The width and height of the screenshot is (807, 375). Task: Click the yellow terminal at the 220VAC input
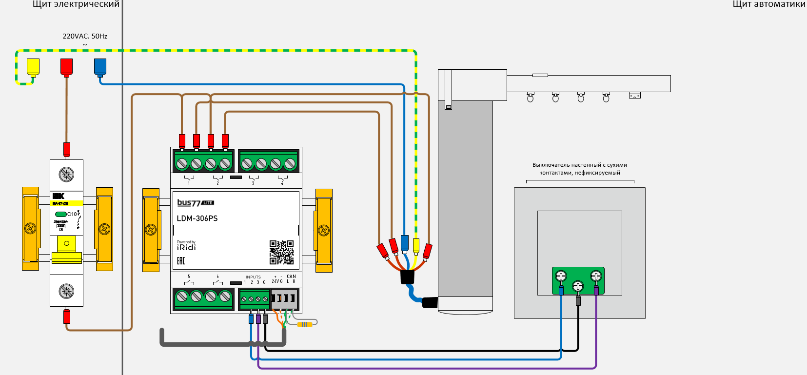click(33, 67)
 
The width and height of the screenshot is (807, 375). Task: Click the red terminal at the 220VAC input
click(66, 67)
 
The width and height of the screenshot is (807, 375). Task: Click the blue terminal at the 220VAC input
click(100, 67)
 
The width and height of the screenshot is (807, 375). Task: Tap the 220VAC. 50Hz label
click(85, 36)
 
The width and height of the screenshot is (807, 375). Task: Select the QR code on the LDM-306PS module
click(281, 252)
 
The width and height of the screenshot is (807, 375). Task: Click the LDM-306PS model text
click(197, 218)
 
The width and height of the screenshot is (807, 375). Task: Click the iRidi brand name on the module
click(186, 247)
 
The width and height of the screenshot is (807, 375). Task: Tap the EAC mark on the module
click(181, 261)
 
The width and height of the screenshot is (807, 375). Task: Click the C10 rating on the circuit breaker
click(72, 214)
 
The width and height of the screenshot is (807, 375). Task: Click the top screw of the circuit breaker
click(66, 174)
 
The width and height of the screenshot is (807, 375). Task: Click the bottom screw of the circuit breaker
click(66, 291)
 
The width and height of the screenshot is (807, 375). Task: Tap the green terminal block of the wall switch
click(578, 280)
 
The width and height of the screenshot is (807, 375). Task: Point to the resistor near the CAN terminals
click(304, 324)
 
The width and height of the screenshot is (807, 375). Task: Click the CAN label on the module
click(291, 276)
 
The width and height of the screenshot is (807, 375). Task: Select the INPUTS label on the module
click(253, 277)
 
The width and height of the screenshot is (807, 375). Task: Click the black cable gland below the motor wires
click(407, 277)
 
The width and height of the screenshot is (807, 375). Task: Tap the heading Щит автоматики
click(769, 4)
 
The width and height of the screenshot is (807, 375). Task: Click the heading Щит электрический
click(76, 4)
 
